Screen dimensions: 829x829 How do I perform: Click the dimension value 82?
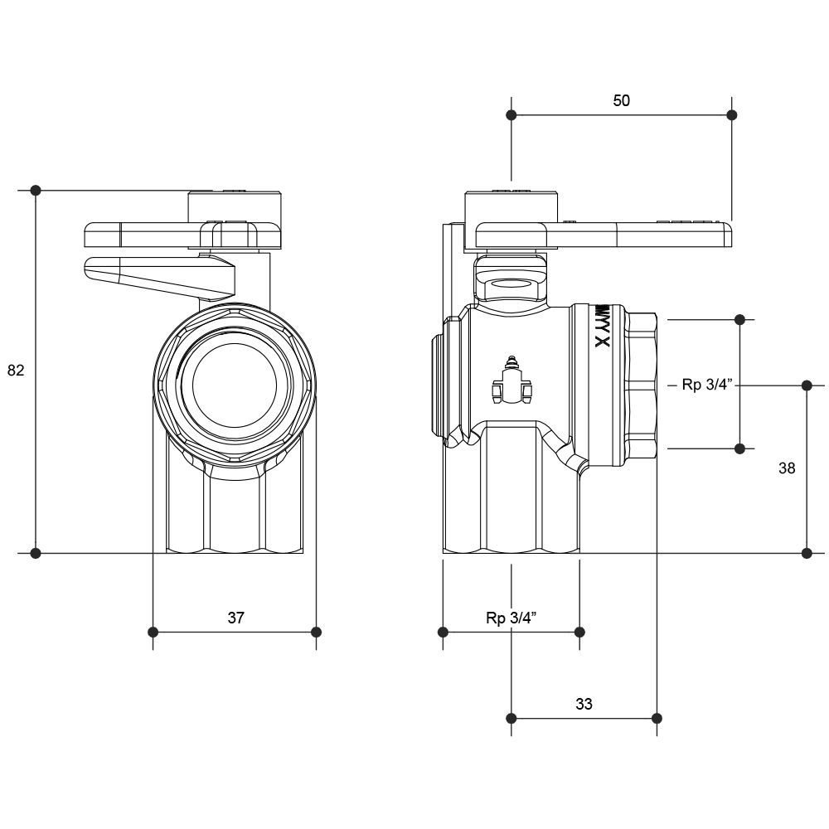[x=16, y=371]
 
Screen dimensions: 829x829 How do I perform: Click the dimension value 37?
[x=236, y=618]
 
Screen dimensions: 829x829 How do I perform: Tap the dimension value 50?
[x=621, y=100]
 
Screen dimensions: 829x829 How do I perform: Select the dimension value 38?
[x=787, y=468]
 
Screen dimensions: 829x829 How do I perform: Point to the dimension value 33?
[x=584, y=704]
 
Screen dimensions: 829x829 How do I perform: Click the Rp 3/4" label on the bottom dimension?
[x=511, y=618]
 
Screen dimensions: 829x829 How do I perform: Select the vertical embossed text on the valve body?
[x=603, y=326]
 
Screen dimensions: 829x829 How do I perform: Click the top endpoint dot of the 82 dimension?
[x=36, y=190]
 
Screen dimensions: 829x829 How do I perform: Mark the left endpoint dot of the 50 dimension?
[x=511, y=114]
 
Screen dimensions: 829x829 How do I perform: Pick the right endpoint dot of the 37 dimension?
[x=316, y=633]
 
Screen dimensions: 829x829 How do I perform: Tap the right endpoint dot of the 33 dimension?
[x=657, y=717]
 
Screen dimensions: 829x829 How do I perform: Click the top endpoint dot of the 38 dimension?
[x=807, y=385]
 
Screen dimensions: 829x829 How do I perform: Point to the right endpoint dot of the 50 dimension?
[x=730, y=114]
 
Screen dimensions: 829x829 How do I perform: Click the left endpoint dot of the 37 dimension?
[x=153, y=633]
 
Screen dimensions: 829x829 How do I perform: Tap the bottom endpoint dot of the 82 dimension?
[x=36, y=552]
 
